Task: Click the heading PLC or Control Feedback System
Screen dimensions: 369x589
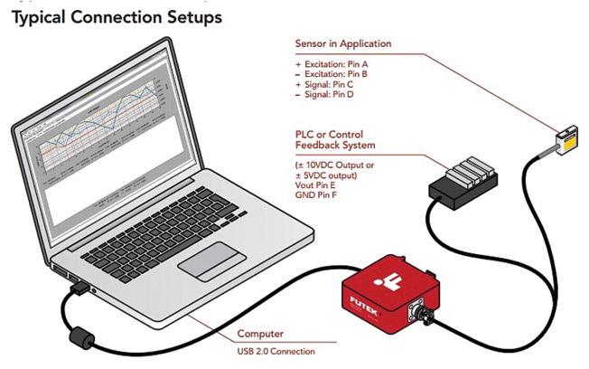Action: coord(334,139)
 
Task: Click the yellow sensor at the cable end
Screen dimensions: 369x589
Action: coord(568,139)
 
